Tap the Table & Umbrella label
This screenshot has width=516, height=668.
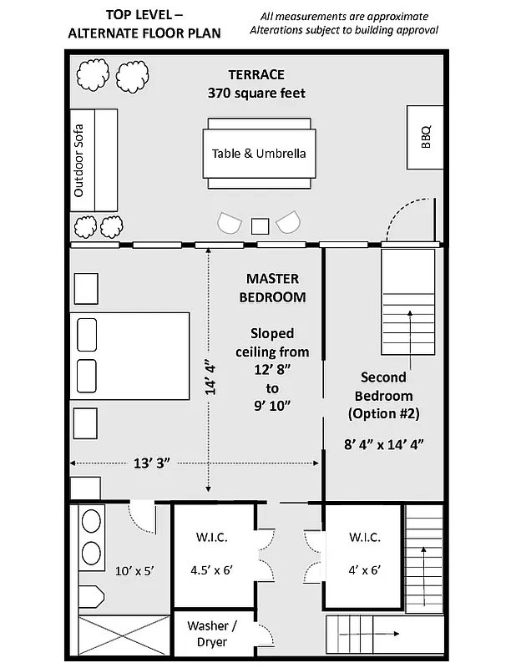(259, 154)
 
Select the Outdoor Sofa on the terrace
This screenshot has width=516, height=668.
(93, 159)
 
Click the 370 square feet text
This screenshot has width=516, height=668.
(256, 93)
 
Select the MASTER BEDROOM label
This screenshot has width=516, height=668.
(272, 287)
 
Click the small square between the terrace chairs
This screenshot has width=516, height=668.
(260, 225)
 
